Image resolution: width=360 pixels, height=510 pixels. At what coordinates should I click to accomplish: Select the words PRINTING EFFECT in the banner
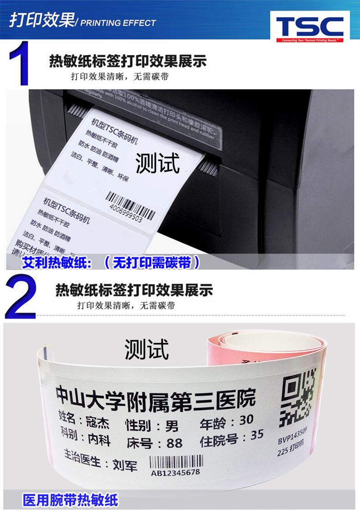pyautogui.click(x=118, y=23)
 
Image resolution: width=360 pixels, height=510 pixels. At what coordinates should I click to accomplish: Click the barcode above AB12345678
pyautogui.click(x=175, y=462)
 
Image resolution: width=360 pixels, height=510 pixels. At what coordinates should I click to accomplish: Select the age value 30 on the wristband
pyautogui.click(x=246, y=419)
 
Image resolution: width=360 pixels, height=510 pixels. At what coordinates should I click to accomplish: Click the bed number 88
pyautogui.click(x=174, y=443)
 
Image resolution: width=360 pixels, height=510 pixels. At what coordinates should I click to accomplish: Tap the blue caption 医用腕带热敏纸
pyautogui.click(x=70, y=500)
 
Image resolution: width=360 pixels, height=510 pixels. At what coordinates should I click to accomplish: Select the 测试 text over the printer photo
pyautogui.click(x=158, y=163)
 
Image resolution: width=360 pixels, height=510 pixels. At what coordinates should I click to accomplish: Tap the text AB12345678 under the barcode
pyautogui.click(x=175, y=472)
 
